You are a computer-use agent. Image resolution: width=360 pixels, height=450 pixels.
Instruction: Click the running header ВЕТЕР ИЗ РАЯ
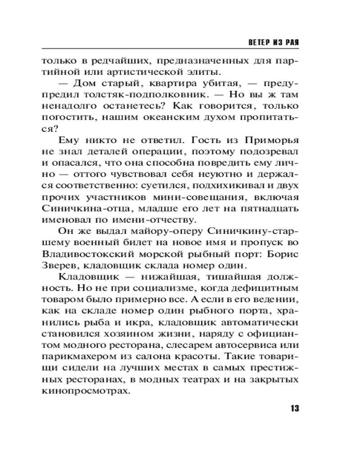(274, 41)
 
